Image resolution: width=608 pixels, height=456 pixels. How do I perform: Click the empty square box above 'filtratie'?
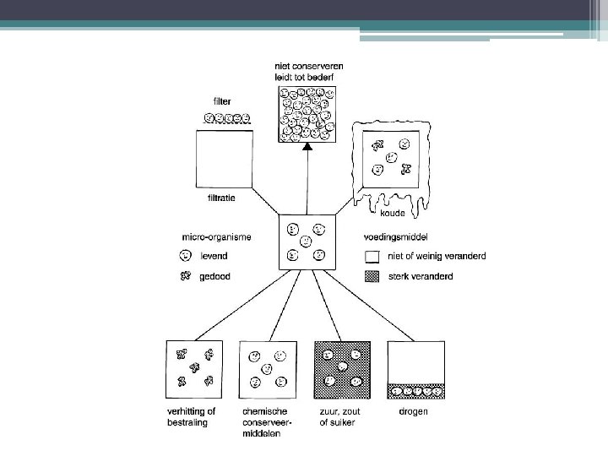[224, 159]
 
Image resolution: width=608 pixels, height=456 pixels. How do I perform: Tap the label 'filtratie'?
[221, 198]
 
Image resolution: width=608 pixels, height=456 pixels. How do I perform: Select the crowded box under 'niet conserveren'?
[307, 113]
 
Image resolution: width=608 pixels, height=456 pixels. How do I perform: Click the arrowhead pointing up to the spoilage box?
[307, 147]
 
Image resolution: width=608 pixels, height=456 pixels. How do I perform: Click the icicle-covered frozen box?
[391, 160]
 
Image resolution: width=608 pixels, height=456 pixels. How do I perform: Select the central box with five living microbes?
[307, 242]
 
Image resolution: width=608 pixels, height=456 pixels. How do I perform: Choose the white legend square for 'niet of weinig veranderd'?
[371, 257]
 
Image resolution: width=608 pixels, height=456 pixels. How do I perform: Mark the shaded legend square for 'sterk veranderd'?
[371, 276]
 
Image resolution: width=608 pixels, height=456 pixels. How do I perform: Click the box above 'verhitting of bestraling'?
[194, 369]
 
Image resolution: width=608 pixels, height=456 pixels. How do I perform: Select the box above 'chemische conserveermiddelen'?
[268, 369]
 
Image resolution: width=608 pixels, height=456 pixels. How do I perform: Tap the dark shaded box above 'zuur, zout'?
[342, 369]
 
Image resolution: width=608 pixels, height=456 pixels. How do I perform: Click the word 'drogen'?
[413, 411]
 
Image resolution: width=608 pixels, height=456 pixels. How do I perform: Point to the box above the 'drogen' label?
[415, 369]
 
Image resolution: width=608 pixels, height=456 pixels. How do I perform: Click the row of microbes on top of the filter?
[230, 119]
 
